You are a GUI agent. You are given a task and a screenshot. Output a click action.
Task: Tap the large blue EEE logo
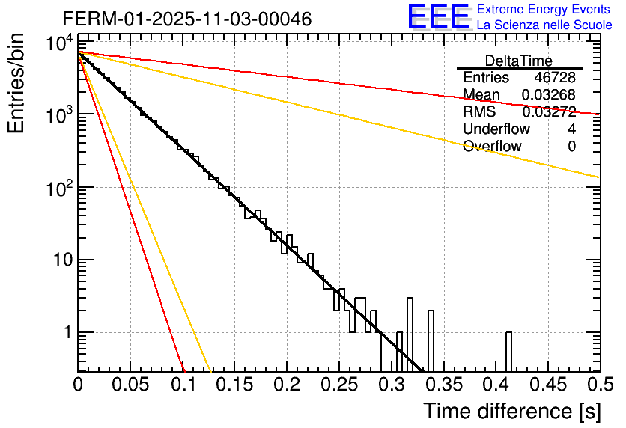pyautogui.click(x=438, y=17)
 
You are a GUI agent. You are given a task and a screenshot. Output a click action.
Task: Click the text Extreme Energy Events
pyautogui.click(x=544, y=10)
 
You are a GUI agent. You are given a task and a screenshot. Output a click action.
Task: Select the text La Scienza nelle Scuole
pyautogui.click(x=544, y=25)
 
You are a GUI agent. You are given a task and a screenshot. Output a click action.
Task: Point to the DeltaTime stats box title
pyautogui.click(x=518, y=61)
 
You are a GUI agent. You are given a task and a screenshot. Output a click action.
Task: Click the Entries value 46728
pyautogui.click(x=555, y=78)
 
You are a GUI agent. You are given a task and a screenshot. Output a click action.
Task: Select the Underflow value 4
pyautogui.click(x=571, y=129)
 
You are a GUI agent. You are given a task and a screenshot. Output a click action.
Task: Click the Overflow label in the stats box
pyautogui.click(x=492, y=147)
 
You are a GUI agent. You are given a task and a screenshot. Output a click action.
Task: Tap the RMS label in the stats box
pyautogui.click(x=479, y=112)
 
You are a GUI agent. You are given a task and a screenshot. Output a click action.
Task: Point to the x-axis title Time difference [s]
pyautogui.click(x=511, y=411)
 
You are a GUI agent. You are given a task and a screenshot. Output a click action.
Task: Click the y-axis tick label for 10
pyautogui.click(x=57, y=260)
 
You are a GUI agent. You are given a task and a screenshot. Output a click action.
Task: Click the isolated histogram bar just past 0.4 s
pyautogui.click(x=509, y=352)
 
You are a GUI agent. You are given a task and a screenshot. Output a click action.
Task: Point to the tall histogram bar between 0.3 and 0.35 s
pyautogui.click(x=410, y=333)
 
